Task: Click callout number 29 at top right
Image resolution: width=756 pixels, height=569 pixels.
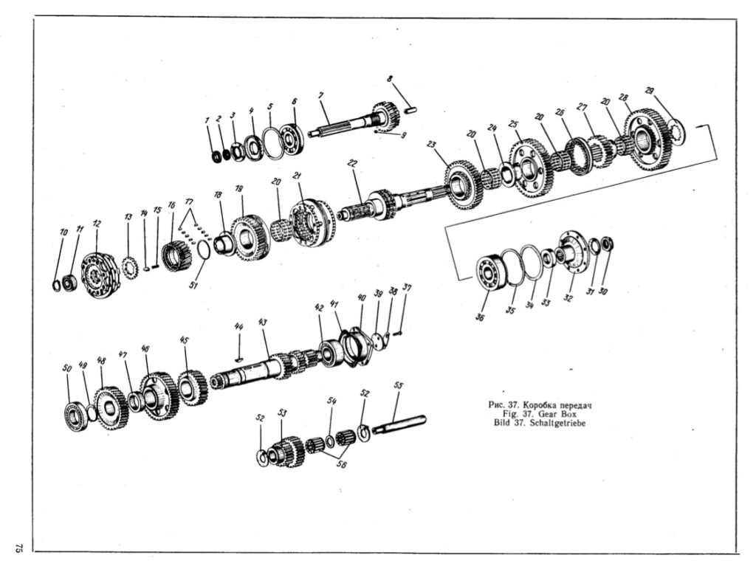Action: pos(650,91)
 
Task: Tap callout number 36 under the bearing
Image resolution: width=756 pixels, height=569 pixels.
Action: pos(480,317)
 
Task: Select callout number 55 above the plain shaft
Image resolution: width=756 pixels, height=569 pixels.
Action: pos(398,385)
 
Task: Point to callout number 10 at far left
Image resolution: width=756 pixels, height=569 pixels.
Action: pos(63,232)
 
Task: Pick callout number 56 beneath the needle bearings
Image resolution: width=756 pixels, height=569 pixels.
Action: pos(341,466)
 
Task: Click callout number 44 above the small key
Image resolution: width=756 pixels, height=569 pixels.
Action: pos(238,327)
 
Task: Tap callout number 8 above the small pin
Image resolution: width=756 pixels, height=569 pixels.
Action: pos(390,78)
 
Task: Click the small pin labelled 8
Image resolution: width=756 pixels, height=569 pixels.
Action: pos(410,110)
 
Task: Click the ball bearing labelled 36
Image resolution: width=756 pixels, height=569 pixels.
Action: pos(491,273)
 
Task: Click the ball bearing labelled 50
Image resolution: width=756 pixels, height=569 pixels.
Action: pos(76,415)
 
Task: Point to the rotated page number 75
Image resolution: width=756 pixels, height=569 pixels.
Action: pos(18,548)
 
